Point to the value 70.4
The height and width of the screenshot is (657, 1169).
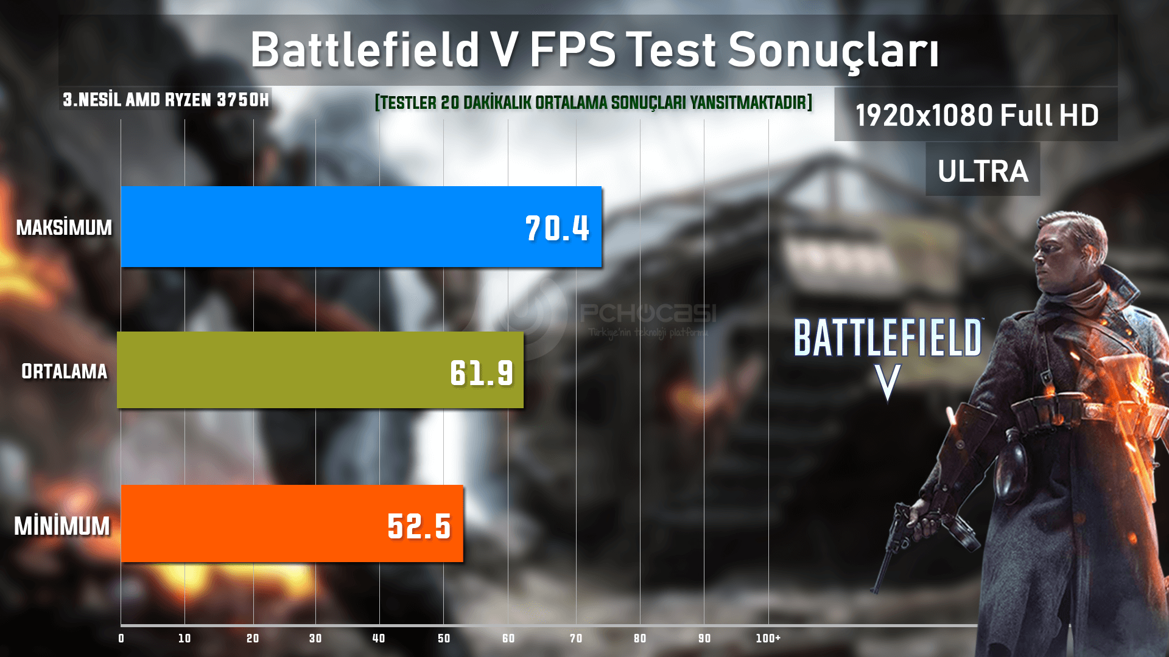coord(557,229)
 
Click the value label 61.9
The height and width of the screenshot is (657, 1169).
coord(482,372)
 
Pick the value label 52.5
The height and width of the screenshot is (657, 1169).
coord(419,526)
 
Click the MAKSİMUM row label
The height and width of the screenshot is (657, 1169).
coord(64,228)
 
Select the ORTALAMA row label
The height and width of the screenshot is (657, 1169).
coord(64,371)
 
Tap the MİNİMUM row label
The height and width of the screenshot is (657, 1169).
coord(62,526)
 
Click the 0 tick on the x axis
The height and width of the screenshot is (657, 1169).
coord(121,638)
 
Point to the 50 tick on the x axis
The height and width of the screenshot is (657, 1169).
coord(444,638)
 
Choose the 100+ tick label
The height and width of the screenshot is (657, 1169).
coord(768,638)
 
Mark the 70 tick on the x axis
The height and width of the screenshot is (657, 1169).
coord(576,638)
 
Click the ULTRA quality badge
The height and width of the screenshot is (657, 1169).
coord(983,171)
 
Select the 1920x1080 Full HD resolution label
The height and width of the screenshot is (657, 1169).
coord(977,115)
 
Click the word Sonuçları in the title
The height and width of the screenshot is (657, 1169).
coord(833,50)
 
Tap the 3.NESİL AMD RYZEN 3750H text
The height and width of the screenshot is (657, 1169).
coord(166,100)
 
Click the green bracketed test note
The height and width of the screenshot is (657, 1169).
coord(594,102)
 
